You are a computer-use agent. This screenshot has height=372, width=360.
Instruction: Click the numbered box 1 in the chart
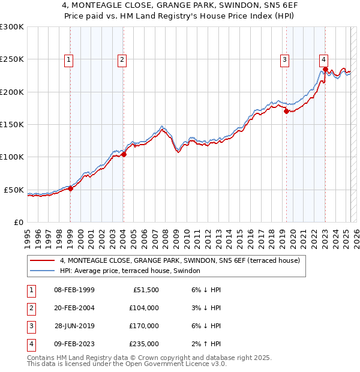pyautogui.click(x=69, y=59)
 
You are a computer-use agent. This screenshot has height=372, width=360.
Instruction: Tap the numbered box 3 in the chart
pyautogui.click(x=284, y=59)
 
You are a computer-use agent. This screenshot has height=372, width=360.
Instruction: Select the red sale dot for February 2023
pyautogui.click(x=325, y=69)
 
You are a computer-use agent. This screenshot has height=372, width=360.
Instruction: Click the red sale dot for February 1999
pyautogui.click(x=70, y=188)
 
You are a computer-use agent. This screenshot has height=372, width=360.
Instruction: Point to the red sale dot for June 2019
pyautogui.click(x=286, y=111)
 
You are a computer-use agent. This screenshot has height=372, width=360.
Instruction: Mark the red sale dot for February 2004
pyautogui.click(x=124, y=154)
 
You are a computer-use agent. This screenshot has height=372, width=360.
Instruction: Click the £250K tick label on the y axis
pyautogui.click(x=11, y=59)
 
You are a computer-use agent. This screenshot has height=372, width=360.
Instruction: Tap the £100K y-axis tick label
pyautogui.click(x=11, y=157)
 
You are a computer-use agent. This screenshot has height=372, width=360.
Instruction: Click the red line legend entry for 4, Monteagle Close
pyautogui.click(x=174, y=260)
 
